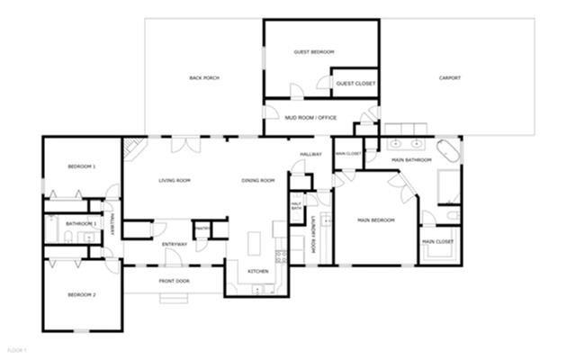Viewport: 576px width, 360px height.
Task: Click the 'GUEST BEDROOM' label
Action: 314,52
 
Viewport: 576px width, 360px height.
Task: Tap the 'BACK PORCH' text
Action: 204,78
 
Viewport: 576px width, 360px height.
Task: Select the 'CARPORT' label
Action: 450,78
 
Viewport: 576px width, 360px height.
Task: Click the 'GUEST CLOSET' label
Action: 355,84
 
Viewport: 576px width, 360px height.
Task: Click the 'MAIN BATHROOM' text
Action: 412,160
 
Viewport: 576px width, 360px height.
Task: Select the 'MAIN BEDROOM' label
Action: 376,220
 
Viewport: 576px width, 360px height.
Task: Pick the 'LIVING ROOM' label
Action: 175,181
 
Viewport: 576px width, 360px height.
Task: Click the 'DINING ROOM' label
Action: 258,181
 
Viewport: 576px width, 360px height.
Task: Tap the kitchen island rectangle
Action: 255,243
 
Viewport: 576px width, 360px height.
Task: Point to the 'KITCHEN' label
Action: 258,270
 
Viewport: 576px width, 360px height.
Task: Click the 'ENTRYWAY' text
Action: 175,245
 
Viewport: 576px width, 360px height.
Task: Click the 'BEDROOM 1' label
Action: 82,166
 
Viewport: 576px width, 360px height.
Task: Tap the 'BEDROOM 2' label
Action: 82,295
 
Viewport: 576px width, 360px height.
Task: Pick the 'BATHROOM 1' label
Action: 81,222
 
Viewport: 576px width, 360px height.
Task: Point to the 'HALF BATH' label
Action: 296,206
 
